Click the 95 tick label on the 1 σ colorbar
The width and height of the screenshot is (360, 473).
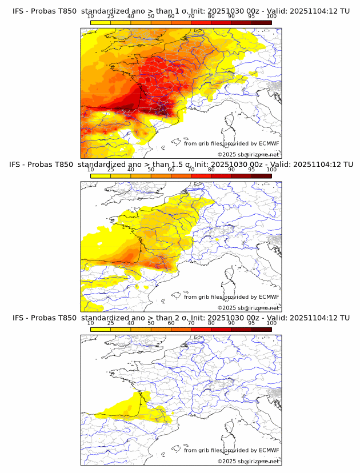tap(251, 17)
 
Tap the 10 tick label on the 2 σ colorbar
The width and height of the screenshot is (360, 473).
tap(91, 323)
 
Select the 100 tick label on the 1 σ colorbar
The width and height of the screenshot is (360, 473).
tap(271, 17)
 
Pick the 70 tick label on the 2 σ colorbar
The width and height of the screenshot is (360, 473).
tap(191, 323)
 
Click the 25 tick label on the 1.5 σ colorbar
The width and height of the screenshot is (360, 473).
tap(111, 170)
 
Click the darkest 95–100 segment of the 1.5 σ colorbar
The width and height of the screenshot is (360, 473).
tap(261, 176)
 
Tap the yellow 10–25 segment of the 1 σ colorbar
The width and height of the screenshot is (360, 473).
tap(101, 23)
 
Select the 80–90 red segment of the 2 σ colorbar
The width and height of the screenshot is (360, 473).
tap(221, 329)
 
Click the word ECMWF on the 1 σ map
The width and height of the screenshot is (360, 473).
tap(269, 144)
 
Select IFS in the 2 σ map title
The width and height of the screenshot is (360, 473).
tap(18, 318)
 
